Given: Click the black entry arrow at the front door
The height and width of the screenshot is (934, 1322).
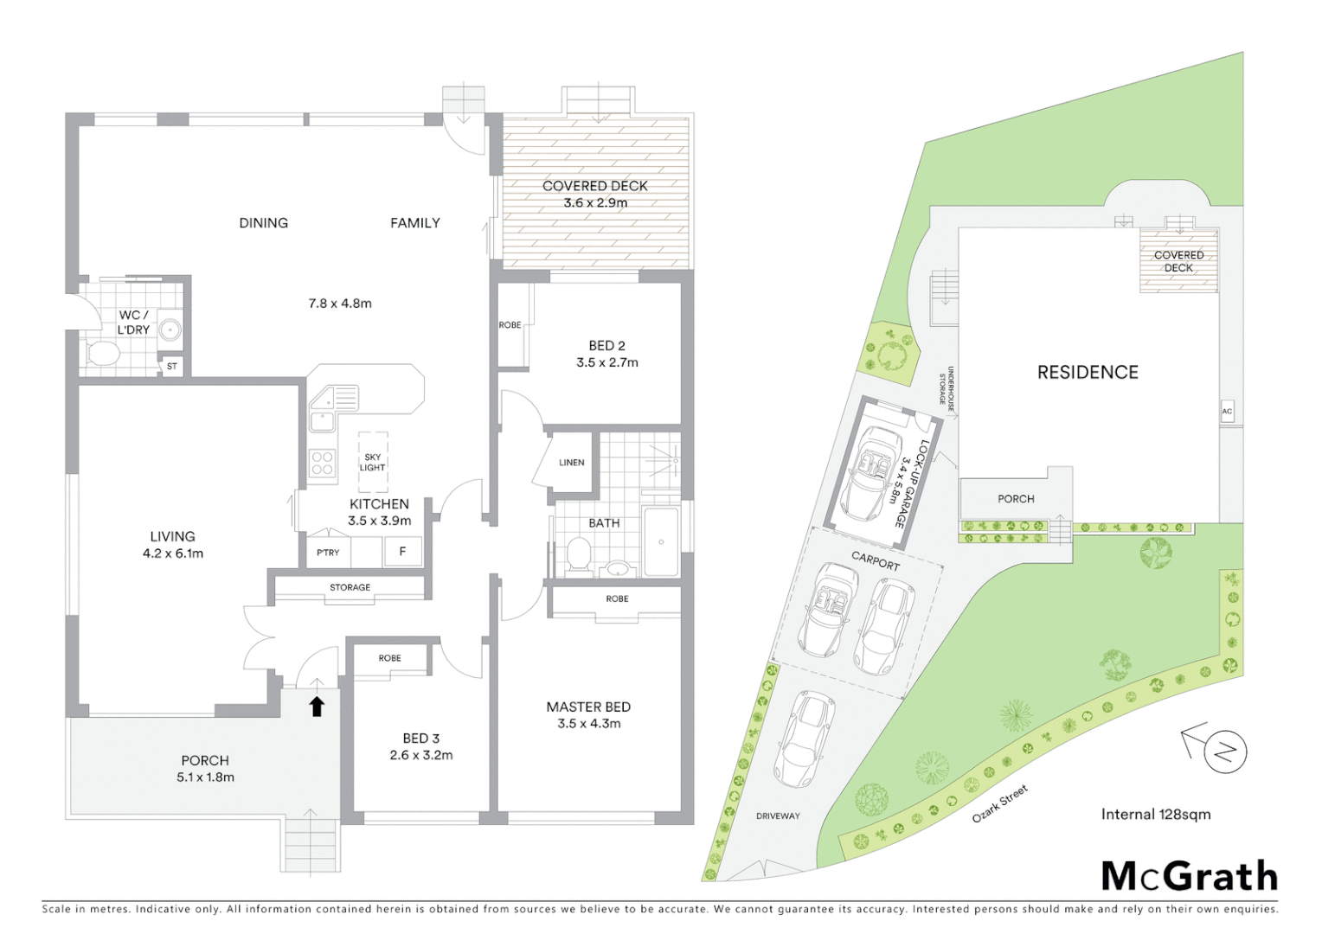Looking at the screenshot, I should (x=317, y=706).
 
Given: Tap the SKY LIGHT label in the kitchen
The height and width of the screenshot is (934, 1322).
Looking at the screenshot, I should (x=372, y=463).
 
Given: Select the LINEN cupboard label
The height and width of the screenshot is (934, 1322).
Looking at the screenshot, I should (x=571, y=463).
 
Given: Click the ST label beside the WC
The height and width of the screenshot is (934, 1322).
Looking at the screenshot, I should (x=171, y=367).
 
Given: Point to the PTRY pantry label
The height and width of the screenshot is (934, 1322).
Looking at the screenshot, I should (x=328, y=553).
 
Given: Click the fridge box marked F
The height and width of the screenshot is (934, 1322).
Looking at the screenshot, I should (x=402, y=551).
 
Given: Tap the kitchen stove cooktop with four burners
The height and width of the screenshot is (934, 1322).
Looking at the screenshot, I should (x=323, y=463).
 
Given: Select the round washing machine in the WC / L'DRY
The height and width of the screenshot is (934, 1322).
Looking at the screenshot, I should (x=171, y=329).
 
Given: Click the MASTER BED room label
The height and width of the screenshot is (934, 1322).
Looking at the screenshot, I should (x=588, y=707).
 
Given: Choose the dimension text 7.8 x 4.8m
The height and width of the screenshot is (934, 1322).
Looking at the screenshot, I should (x=340, y=304).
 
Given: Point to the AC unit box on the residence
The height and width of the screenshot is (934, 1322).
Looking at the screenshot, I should (x=1227, y=412).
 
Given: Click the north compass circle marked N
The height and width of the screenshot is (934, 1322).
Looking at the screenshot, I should (x=1224, y=751).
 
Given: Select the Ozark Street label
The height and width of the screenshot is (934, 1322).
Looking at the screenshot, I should (x=1000, y=803).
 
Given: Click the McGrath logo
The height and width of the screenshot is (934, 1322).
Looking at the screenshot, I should (x=1189, y=876).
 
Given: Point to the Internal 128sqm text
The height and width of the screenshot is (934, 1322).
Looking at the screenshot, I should (x=1155, y=814).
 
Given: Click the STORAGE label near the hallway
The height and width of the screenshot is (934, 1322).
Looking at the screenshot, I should (x=350, y=588).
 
